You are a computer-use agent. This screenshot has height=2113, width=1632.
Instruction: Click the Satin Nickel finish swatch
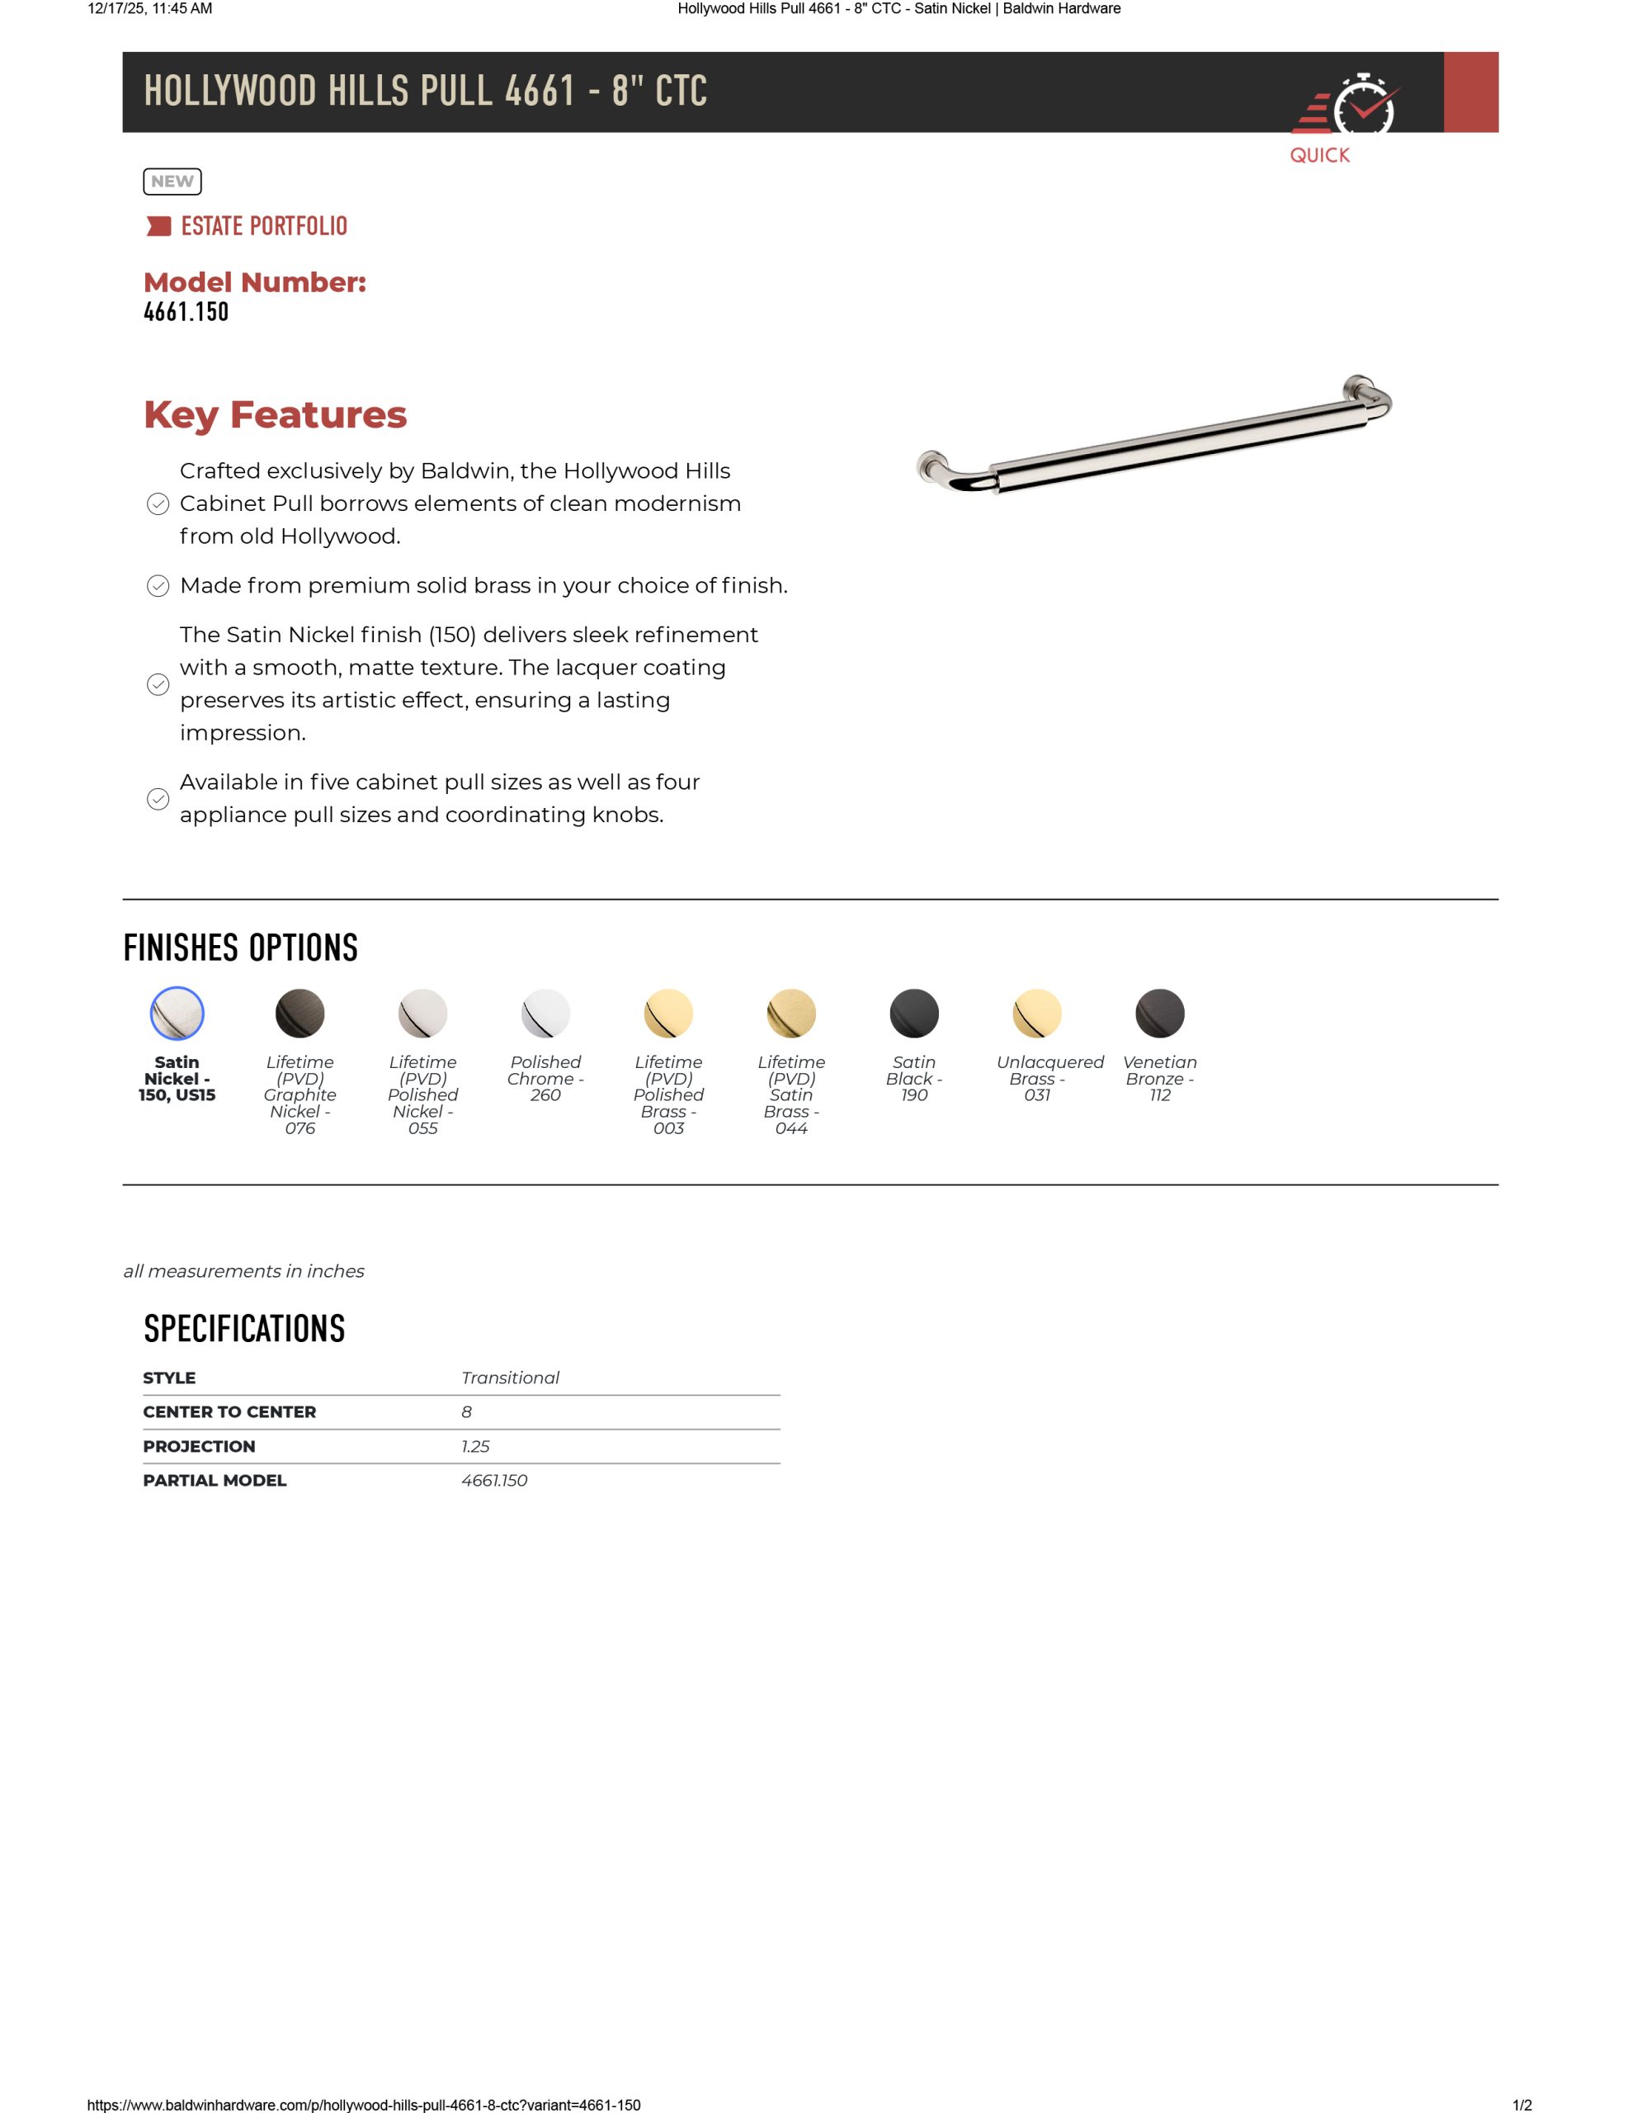coord(177,1013)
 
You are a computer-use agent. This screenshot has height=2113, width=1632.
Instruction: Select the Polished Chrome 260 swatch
coord(545,1013)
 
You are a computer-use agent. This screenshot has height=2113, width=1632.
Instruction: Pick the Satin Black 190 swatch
coord(914,1013)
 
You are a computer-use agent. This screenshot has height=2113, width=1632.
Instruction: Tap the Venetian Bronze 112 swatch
coord(1160,1013)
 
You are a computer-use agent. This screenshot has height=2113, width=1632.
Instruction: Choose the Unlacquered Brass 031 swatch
coord(1037,1013)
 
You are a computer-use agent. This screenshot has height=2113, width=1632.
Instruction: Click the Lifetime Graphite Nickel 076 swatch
coord(300,1013)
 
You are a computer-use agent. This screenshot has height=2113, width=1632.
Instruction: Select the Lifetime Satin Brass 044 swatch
coord(791,1013)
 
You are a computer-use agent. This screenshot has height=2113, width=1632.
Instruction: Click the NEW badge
coord(172,182)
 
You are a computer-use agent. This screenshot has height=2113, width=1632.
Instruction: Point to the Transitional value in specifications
coord(510,1378)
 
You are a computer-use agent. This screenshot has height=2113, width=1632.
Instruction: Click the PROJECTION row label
coord(200,1446)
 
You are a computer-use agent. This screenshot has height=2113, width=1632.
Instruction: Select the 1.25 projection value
coord(475,1446)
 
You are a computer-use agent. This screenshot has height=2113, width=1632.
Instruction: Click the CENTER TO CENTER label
coord(229,1412)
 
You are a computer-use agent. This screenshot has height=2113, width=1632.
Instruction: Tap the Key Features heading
coord(275,415)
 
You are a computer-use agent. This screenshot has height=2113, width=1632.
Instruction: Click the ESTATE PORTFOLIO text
coord(263,226)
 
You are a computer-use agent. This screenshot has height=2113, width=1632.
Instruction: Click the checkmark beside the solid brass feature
coord(158,586)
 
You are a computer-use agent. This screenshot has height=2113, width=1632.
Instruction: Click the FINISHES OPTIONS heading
coord(240,948)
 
